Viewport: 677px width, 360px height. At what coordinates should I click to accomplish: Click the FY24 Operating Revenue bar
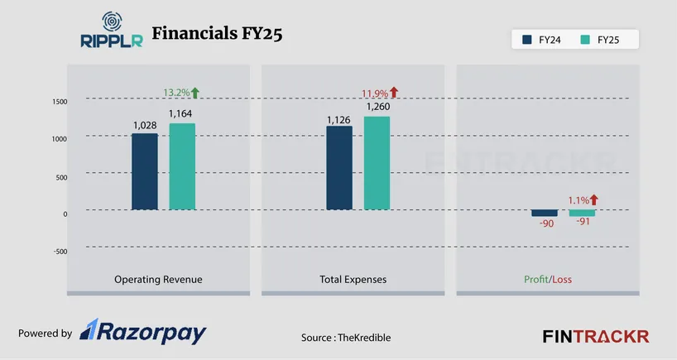click(x=145, y=171)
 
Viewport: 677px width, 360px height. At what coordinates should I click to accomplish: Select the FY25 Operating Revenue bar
click(x=182, y=166)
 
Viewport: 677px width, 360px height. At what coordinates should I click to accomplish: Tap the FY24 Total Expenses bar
click(x=339, y=167)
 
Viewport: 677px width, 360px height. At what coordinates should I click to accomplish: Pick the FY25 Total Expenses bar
click(x=377, y=162)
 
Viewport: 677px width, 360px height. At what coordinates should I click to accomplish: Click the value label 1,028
click(x=145, y=125)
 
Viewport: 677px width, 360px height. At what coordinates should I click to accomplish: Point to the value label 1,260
click(x=377, y=107)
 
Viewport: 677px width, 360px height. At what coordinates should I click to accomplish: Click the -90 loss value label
click(x=545, y=223)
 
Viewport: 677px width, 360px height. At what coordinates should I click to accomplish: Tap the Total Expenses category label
click(x=353, y=280)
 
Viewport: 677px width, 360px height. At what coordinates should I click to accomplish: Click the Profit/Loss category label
click(x=548, y=280)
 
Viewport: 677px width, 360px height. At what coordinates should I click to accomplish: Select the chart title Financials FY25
click(x=218, y=34)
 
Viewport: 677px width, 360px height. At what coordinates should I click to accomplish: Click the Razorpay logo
click(x=142, y=333)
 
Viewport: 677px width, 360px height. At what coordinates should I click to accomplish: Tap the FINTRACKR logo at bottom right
click(x=595, y=336)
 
